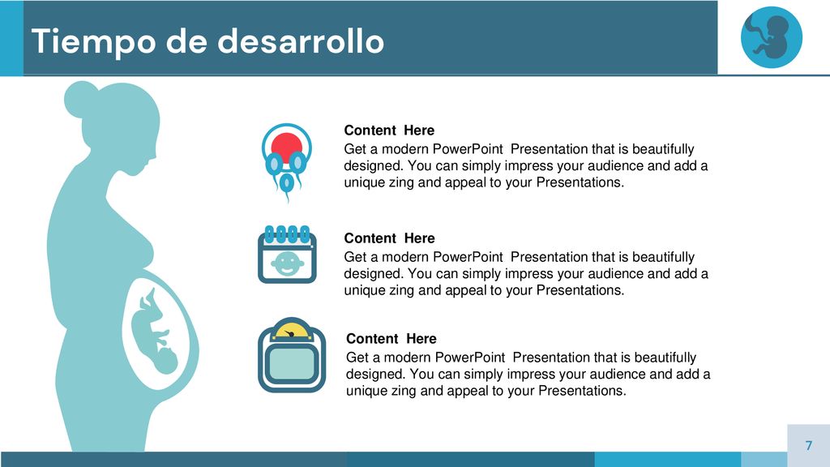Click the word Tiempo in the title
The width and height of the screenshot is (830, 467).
click(94, 42)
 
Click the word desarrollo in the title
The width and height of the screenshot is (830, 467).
click(302, 41)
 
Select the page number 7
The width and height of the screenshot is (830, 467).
click(809, 445)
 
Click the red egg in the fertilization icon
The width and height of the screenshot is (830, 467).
click(286, 146)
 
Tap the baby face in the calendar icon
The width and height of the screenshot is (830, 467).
click(287, 263)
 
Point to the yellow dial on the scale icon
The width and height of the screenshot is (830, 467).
click(292, 331)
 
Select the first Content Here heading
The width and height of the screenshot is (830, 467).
click(389, 131)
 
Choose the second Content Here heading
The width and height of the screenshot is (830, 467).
click(389, 238)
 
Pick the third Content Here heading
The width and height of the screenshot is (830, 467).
click(391, 339)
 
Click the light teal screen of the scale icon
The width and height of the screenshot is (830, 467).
click(292, 364)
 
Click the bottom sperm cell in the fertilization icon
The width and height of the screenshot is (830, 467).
click(286, 186)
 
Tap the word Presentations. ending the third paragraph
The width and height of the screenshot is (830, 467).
click(582, 391)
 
